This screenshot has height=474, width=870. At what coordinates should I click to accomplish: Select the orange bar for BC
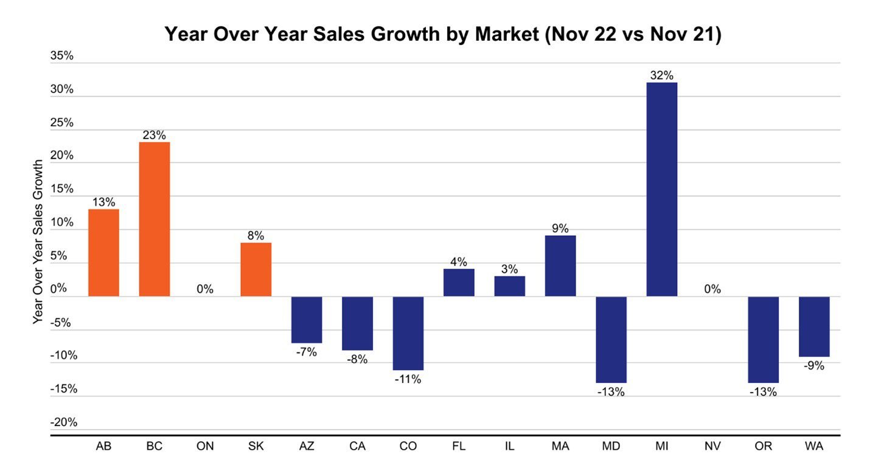pyautogui.click(x=155, y=219)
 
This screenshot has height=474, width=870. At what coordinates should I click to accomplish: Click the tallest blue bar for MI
pyautogui.click(x=662, y=190)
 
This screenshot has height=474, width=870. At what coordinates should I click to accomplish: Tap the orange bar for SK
pyautogui.click(x=256, y=269)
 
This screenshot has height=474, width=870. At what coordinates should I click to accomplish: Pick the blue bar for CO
pyautogui.click(x=408, y=333)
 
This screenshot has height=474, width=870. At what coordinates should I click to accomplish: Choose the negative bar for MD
pyautogui.click(x=611, y=339)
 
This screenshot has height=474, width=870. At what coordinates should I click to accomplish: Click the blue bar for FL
pyautogui.click(x=459, y=283)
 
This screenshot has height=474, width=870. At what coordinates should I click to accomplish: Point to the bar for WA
pyautogui.click(x=814, y=326)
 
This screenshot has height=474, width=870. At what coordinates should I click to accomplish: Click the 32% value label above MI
pyautogui.click(x=662, y=76)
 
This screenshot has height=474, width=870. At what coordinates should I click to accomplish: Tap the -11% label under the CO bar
pyautogui.click(x=408, y=379)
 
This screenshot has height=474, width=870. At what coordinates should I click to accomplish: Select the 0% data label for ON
pyautogui.click(x=205, y=289)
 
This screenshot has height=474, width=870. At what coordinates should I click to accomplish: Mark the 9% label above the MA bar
pyautogui.click(x=560, y=228)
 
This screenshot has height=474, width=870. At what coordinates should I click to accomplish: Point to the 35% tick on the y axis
pyautogui.click(x=61, y=56)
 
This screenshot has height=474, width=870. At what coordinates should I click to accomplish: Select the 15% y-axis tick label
pyautogui.click(x=61, y=189)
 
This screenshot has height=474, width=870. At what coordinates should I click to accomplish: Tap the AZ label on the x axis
pyautogui.click(x=307, y=447)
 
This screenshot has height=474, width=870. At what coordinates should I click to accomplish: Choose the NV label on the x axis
pyautogui.click(x=712, y=447)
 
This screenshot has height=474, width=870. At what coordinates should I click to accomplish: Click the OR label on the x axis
pyautogui.click(x=763, y=447)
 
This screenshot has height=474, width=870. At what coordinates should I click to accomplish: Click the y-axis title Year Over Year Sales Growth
pyautogui.click(x=38, y=241)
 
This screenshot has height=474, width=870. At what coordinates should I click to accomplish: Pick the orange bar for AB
pyautogui.click(x=103, y=252)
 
